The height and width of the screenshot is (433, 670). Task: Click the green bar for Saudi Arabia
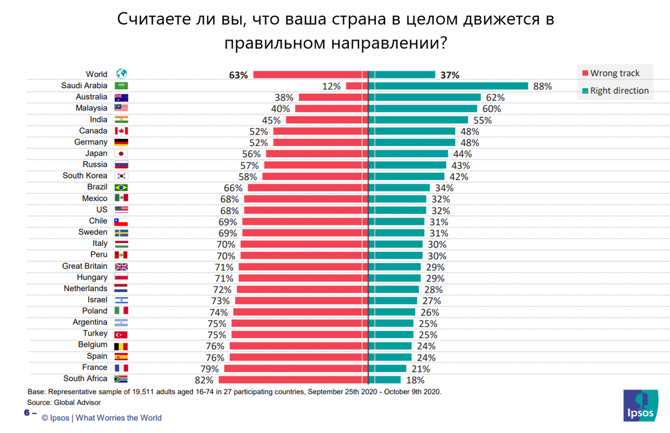point(448,86)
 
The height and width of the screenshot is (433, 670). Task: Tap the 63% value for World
point(238,75)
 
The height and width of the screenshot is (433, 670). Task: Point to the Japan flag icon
point(121,153)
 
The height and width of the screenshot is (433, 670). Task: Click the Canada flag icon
point(121,131)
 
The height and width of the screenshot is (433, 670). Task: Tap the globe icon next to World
point(121,74)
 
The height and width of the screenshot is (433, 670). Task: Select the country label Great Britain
point(85,266)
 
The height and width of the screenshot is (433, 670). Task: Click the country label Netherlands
point(85,288)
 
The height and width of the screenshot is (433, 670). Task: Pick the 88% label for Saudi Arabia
point(542,86)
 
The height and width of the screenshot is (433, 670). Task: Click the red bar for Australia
point(333,97)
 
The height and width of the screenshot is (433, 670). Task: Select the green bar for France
point(387,368)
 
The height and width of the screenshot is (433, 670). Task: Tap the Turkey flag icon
point(121,334)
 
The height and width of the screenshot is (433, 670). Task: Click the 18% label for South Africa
point(415,380)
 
